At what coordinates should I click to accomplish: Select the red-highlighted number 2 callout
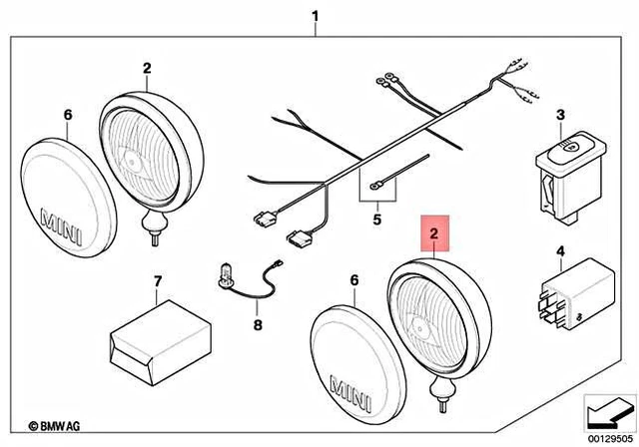[433, 235]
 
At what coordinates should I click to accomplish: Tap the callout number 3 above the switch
[560, 117]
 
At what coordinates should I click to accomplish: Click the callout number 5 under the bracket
[376, 217]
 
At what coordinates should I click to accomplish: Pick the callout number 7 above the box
[156, 283]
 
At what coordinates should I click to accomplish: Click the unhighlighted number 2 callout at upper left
[147, 69]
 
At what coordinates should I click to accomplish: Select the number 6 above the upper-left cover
[68, 116]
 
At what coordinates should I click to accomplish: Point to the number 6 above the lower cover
[352, 282]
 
